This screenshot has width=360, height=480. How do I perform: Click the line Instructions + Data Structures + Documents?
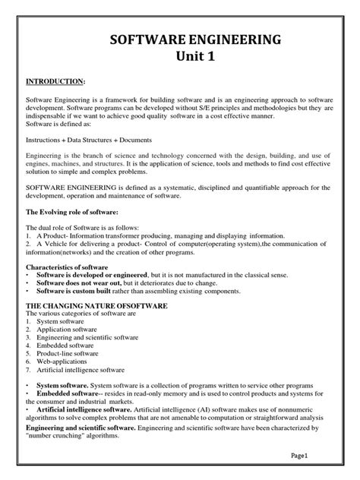(89, 141)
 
